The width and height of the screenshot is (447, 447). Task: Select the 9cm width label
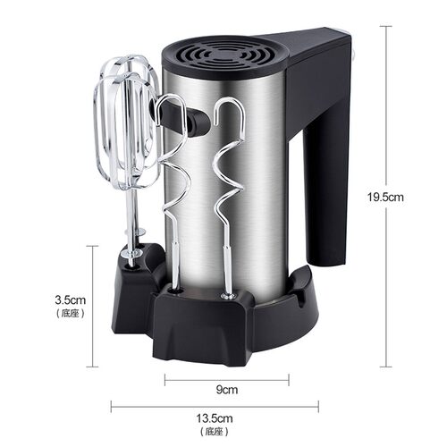tap(228, 389)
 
